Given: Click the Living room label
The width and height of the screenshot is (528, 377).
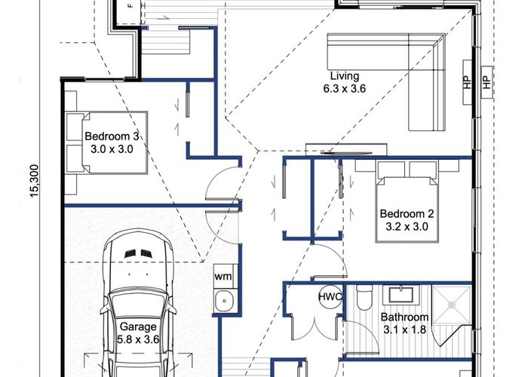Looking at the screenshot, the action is click(345, 76).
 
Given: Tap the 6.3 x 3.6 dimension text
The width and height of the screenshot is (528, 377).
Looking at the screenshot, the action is click(345, 89).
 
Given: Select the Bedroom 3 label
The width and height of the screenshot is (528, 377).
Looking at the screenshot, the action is click(112, 136).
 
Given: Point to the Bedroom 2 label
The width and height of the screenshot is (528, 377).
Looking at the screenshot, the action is click(407, 213).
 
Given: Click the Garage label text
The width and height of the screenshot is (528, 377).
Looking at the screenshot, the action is click(138, 326).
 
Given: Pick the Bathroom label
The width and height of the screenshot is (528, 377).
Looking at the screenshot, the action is click(404, 317).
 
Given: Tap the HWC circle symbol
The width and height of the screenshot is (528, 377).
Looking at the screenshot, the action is click(330, 297).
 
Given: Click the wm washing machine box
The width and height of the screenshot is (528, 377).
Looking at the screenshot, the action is click(223, 277).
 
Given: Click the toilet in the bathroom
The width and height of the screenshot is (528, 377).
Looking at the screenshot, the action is click(364, 297).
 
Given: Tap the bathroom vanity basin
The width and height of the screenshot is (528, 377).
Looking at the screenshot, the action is click(401, 295).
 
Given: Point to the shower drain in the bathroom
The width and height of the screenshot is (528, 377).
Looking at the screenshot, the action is click(452, 305).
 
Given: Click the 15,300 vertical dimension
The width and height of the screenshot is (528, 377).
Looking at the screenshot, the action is click(35, 181).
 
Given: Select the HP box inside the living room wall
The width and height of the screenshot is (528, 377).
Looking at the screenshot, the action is click(467, 82).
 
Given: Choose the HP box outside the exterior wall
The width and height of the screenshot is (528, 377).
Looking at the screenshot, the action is click(487, 82).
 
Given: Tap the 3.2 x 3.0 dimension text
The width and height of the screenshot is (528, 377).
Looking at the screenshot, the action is click(407, 226).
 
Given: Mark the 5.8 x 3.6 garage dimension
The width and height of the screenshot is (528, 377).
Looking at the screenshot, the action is click(138, 339).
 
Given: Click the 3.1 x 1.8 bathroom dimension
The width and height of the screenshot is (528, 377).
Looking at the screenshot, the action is click(404, 329).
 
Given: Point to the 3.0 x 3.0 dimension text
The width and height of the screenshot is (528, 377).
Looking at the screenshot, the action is click(112, 149).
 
